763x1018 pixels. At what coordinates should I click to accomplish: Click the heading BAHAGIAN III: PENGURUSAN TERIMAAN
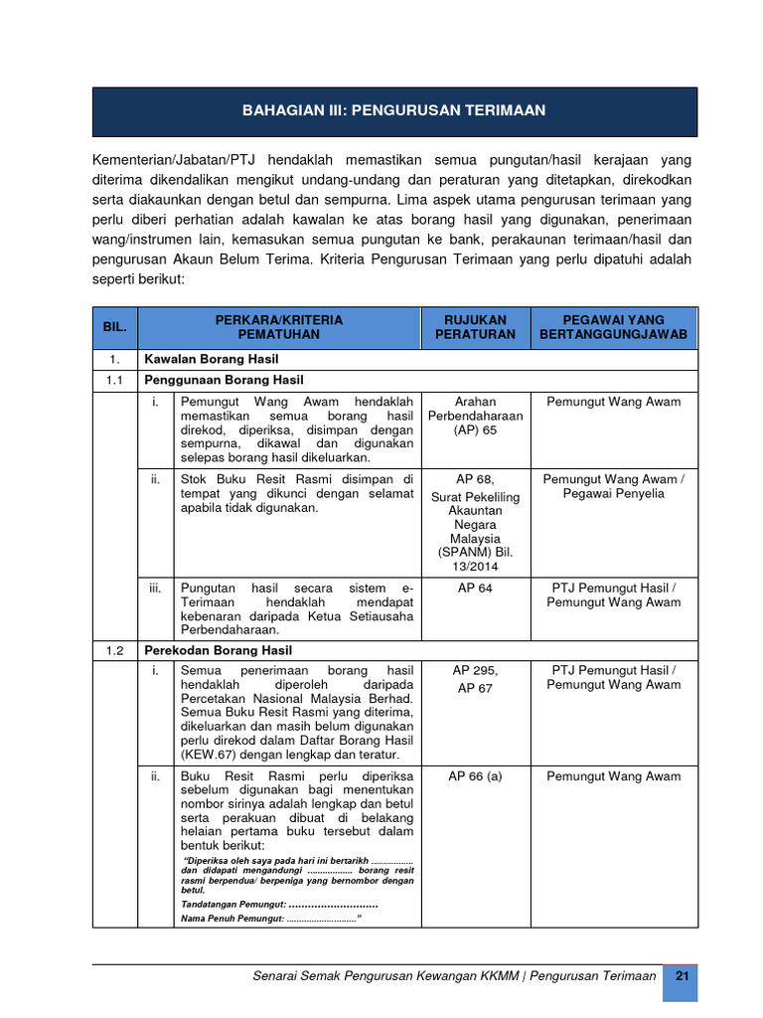(393, 110)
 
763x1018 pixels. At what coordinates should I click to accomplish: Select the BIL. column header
(114, 327)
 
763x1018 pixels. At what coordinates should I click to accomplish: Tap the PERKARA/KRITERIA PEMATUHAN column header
(278, 327)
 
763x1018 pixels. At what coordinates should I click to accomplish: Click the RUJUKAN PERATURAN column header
(475, 327)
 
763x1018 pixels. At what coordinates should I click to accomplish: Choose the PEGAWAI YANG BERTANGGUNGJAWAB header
(613, 327)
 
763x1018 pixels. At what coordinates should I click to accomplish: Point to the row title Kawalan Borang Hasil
(212, 359)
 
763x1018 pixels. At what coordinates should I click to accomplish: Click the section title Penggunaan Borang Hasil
(224, 380)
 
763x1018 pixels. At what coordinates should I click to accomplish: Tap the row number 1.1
(114, 380)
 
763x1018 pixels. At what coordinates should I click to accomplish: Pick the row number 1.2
(114, 650)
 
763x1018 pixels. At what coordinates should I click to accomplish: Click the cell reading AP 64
(475, 589)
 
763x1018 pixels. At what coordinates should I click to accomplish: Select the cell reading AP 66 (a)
(475, 776)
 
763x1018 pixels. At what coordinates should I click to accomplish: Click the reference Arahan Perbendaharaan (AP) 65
(475, 416)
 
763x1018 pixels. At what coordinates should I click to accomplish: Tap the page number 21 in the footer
(682, 976)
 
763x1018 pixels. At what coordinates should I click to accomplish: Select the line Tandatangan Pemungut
(279, 904)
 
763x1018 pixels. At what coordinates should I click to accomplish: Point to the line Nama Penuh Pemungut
(269, 919)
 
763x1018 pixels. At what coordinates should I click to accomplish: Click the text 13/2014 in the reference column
(475, 566)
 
